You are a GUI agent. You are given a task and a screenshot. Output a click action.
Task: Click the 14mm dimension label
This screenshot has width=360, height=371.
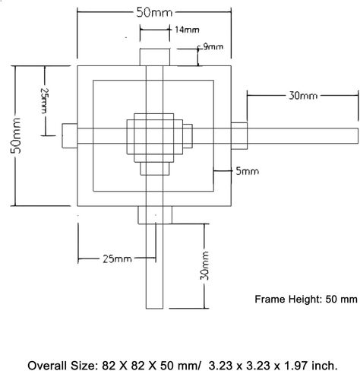coord(187,30)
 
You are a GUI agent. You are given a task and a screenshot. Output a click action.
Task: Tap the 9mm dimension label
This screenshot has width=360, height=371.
coord(213,46)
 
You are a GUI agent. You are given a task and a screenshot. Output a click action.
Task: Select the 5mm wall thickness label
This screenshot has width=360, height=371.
coord(247,171)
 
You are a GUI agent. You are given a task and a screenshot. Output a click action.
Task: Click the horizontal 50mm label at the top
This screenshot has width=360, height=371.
coord(154,12)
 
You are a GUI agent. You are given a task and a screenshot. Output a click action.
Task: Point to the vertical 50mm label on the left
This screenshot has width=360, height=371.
coord(16,135)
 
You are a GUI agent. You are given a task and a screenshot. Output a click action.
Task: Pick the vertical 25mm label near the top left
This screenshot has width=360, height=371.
coord(43,100)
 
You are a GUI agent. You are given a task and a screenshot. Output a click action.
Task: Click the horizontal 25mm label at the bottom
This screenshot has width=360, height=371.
coord(117,259)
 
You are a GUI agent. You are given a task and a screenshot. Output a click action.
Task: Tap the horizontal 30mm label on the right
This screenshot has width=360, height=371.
coord(303,96)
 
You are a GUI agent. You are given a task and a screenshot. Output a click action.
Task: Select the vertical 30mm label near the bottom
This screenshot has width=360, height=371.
coord(205,265)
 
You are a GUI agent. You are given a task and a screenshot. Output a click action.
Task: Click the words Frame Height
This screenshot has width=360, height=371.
coord(288,300)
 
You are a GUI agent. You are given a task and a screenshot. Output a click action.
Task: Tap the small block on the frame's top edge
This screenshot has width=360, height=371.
coord(155,57)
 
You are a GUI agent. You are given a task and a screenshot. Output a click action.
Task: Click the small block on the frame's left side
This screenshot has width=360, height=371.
coord(70,136)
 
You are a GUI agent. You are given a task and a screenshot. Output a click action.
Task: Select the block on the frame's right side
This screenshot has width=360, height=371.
coord(239,136)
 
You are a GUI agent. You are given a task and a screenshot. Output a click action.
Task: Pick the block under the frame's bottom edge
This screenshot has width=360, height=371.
coord(155,215)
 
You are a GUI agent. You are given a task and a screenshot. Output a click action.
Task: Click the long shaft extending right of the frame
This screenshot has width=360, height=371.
coord(302,136)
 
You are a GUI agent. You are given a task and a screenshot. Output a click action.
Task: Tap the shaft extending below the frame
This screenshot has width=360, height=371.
coord(154,266)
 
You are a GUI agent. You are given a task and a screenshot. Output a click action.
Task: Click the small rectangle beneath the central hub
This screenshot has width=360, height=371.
coord(154,169)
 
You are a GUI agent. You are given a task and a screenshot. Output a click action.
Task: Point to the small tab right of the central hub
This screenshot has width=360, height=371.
coord(188,136)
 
